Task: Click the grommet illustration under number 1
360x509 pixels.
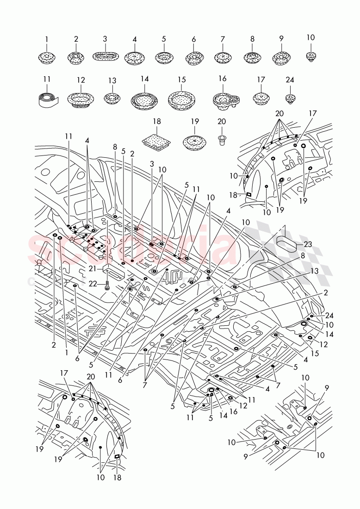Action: tap(46, 58)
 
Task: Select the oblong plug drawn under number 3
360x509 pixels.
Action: tap(105, 57)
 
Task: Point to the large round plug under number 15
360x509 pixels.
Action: tap(181, 99)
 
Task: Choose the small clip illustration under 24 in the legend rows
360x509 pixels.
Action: tap(290, 98)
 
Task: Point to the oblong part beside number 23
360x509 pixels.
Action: tap(286, 242)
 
